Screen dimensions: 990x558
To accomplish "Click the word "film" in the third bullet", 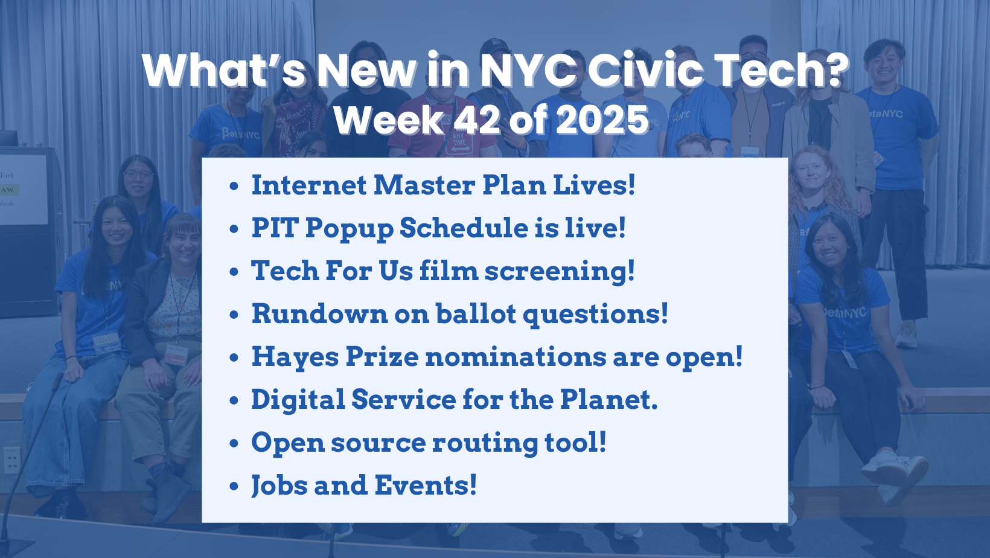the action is tap(449, 270).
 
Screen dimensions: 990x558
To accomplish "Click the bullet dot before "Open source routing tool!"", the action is tap(234, 443).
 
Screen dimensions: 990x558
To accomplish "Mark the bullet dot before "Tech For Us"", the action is tap(234, 272).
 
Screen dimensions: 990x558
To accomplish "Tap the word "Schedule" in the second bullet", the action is tap(464, 228).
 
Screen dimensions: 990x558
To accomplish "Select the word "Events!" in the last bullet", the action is tap(426, 485).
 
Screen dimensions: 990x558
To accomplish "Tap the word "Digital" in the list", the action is tap(298, 399).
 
